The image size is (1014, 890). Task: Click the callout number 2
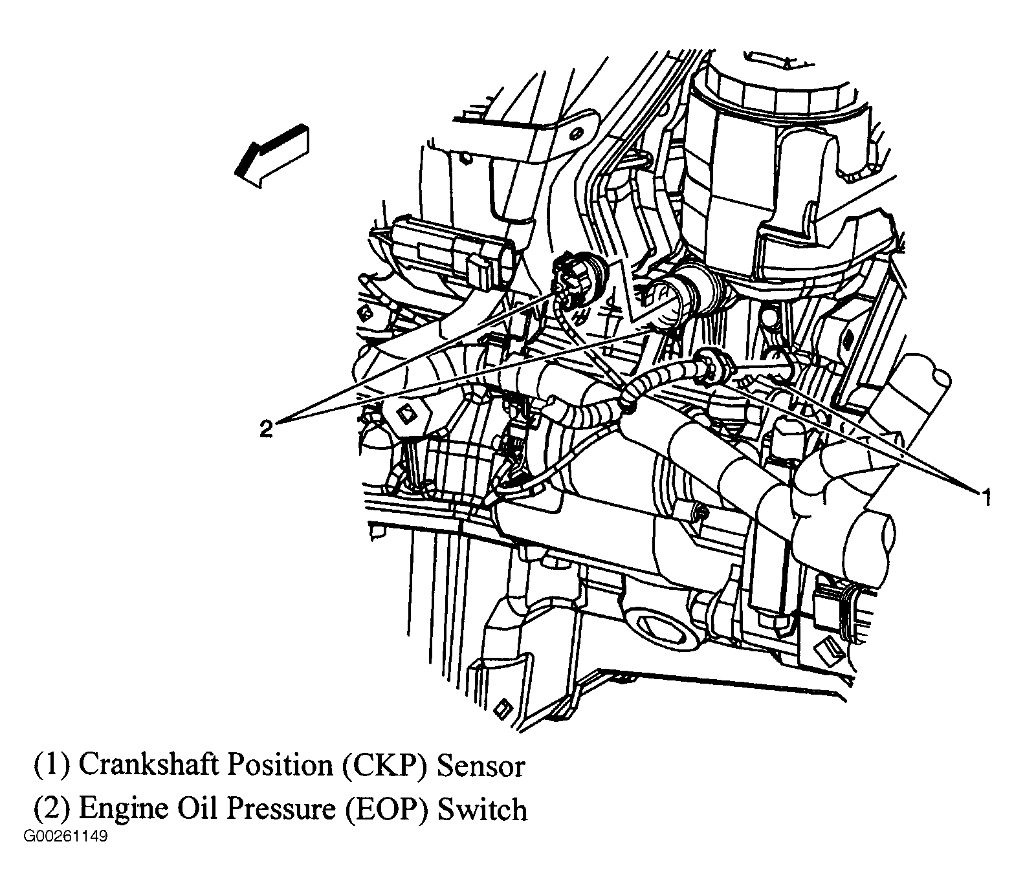(267, 428)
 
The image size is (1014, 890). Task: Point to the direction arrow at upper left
(272, 156)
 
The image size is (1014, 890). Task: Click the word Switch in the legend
(482, 809)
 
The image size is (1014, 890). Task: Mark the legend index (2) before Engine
(51, 809)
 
